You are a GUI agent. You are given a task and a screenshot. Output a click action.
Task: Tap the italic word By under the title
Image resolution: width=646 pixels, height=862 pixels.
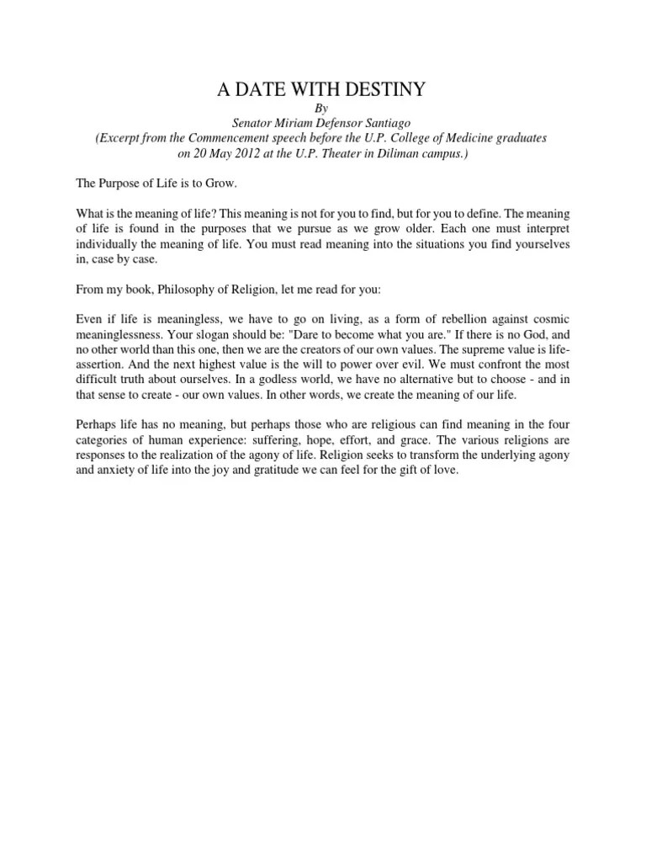322,109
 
